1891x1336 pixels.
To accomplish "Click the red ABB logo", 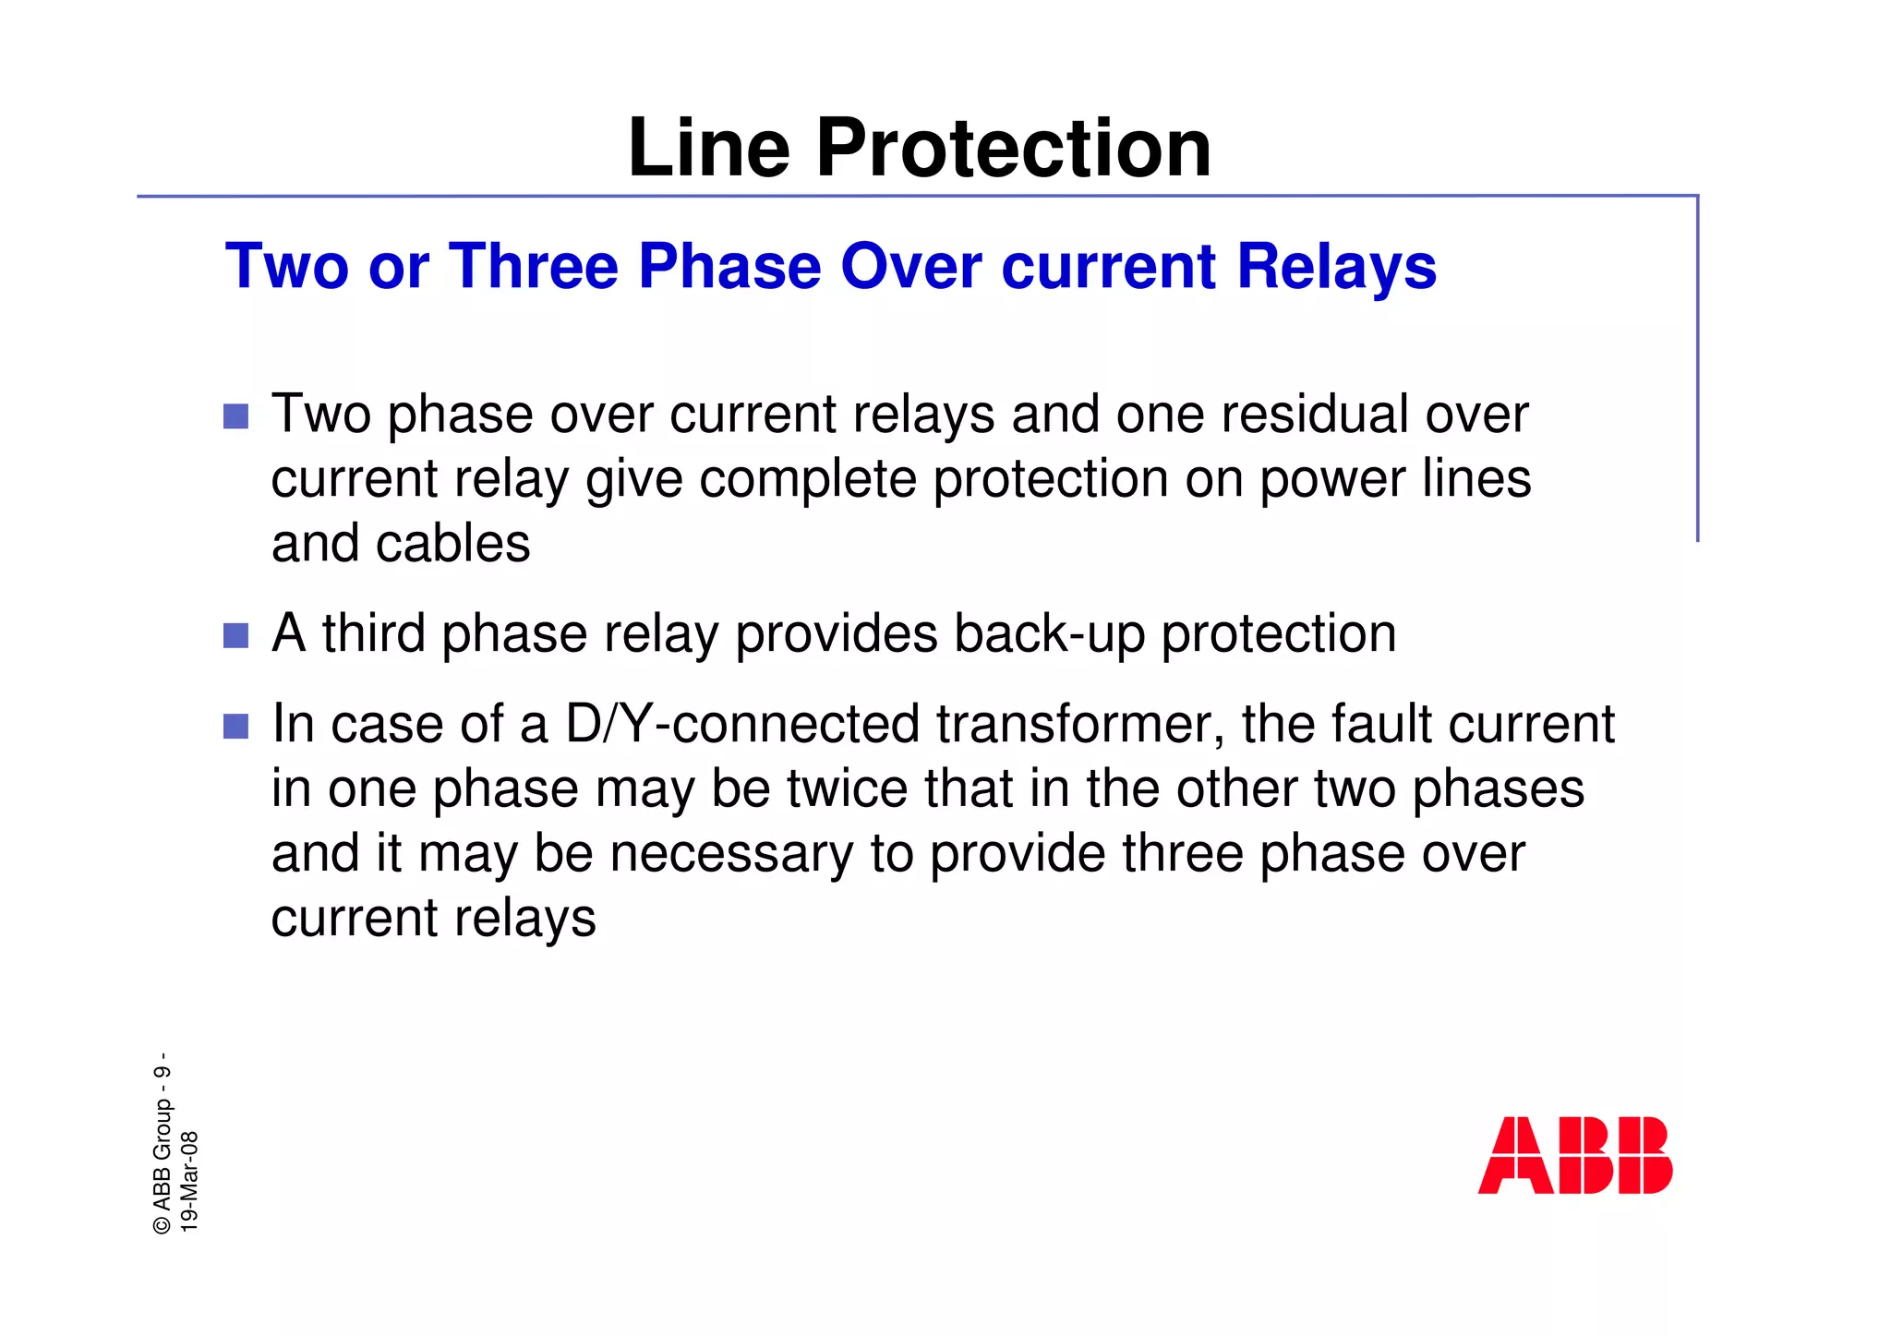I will coord(1575,1155).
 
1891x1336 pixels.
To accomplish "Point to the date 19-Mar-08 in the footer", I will coord(189,1181).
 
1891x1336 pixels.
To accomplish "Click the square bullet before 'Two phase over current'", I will coord(236,416).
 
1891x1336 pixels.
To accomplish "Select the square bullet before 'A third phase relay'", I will coord(236,636).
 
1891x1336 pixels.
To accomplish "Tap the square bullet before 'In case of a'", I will coord(236,727).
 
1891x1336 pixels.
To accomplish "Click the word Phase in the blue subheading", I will coord(729,267).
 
